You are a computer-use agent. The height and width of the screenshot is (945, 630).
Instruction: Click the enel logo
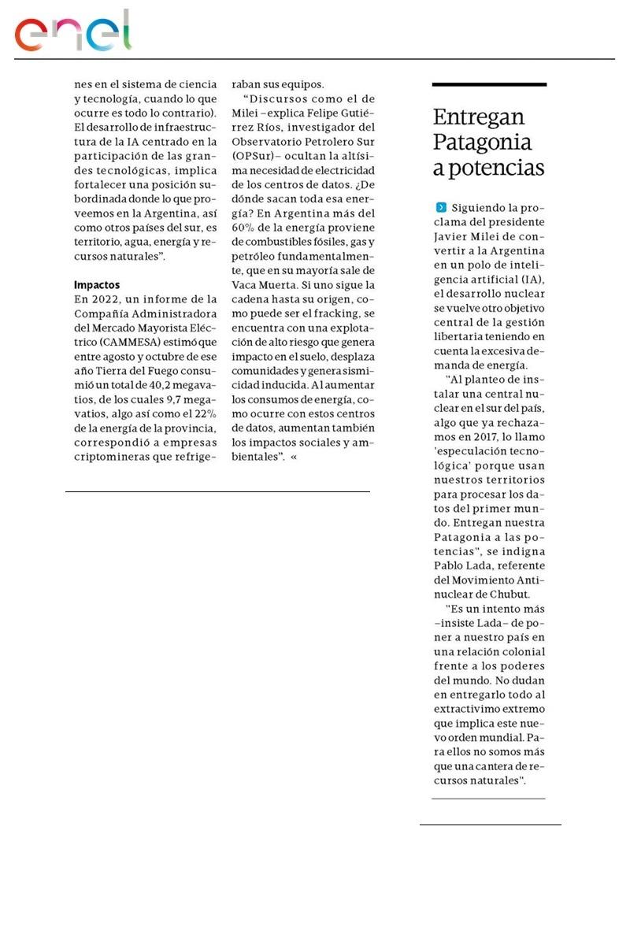pyautogui.click(x=72, y=31)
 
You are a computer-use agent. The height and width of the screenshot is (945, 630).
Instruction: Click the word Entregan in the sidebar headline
pyautogui.click(x=478, y=117)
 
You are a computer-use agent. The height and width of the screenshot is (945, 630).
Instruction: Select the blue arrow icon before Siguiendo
pyautogui.click(x=441, y=207)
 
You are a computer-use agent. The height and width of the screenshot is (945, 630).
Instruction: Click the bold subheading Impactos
pyautogui.click(x=96, y=284)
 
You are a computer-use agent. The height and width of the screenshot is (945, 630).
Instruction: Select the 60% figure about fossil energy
pyautogui.click(x=243, y=228)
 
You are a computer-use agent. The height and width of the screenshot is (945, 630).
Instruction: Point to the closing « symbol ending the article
pyautogui.click(x=294, y=456)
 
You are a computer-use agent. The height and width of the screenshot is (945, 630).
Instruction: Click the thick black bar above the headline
pyautogui.click(x=489, y=84)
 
